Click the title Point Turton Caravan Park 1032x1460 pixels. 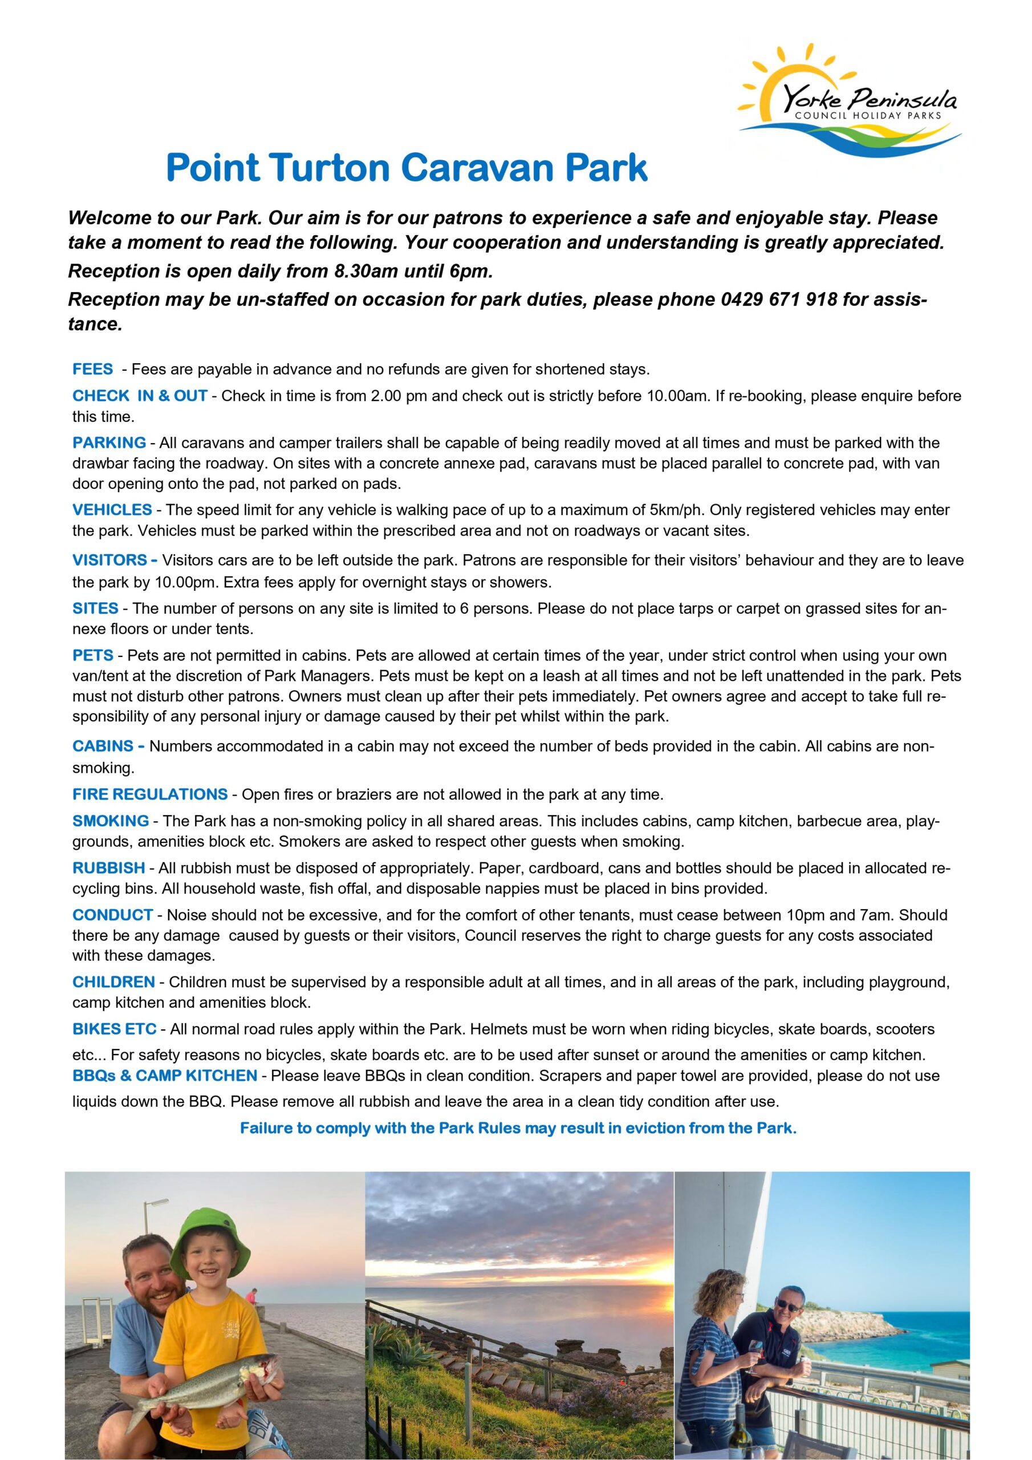pyautogui.click(x=407, y=167)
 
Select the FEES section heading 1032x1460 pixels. pyautogui.click(x=93, y=369)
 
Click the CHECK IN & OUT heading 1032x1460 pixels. pyautogui.click(x=140, y=396)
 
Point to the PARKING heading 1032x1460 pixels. pyautogui.click(x=109, y=443)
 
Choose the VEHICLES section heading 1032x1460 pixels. pyautogui.click(x=112, y=509)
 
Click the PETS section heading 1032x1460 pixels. pyautogui.click(x=93, y=655)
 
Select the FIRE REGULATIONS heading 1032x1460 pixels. pyautogui.click(x=150, y=794)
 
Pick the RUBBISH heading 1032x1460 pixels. pyautogui.click(x=109, y=868)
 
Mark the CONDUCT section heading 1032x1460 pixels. pyautogui.click(x=112, y=915)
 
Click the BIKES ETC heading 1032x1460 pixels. pyautogui.click(x=115, y=1029)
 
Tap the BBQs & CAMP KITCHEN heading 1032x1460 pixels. pyautogui.click(x=165, y=1075)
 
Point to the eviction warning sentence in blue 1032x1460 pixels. pyautogui.click(x=518, y=1128)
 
